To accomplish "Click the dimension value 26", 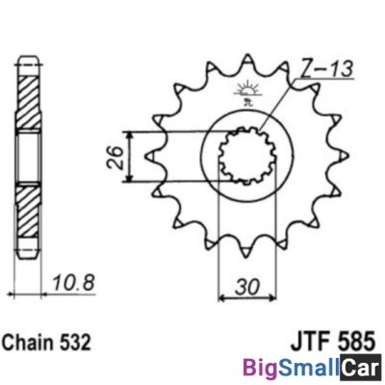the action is [x=115, y=158].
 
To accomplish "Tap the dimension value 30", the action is [x=246, y=287].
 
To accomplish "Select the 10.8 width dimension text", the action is [x=73, y=283].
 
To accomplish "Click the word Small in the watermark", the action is [x=309, y=368].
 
